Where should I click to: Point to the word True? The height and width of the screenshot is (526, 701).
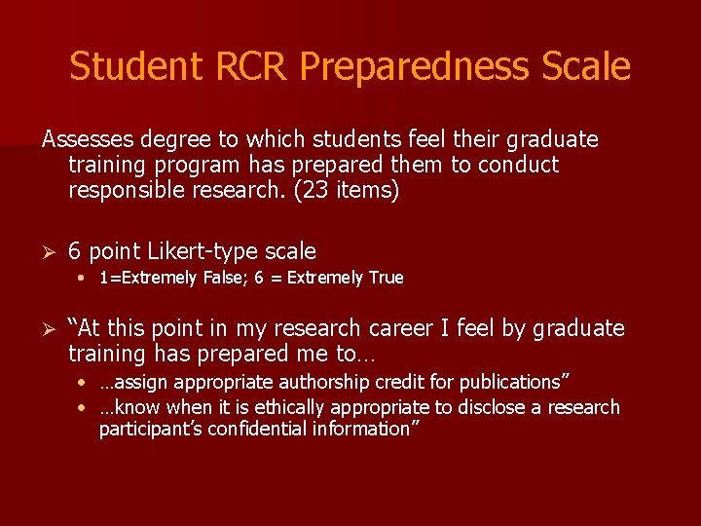pos(386,279)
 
